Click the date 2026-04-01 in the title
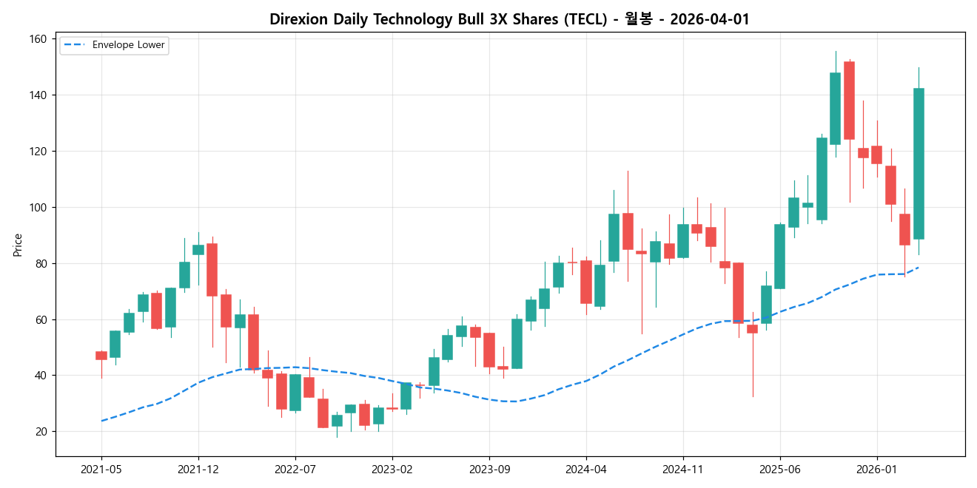[709, 19]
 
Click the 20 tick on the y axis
[41, 432]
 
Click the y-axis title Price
[18, 245]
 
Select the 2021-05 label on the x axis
[101, 469]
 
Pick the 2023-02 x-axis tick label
[392, 469]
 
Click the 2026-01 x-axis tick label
[877, 469]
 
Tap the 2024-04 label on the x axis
[586, 469]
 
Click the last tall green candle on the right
[919, 163]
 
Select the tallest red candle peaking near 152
[849, 100]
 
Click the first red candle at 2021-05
[101, 356]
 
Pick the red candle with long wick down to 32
[752, 328]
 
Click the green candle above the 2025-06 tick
[779, 256]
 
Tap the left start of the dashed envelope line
[102, 421]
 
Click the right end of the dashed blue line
[919, 268]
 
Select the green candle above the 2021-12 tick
[198, 250]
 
